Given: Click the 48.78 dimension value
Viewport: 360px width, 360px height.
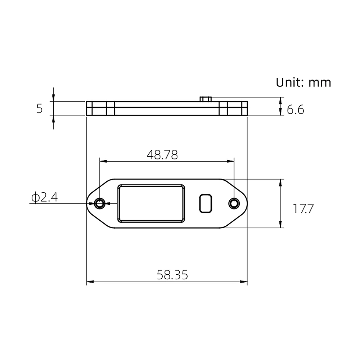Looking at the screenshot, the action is point(162,155).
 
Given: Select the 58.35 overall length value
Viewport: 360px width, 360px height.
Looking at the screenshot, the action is point(172,275).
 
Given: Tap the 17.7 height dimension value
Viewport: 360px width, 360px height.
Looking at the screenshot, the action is point(303,209).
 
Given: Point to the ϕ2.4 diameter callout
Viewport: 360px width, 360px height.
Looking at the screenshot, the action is point(45,197).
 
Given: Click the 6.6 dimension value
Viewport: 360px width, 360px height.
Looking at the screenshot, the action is point(296,110).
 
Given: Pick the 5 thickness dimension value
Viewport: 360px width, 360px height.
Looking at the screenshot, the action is point(40,109).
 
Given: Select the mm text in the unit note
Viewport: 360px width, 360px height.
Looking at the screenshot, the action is point(320,83).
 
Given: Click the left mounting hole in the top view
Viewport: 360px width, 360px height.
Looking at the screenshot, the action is point(100,203).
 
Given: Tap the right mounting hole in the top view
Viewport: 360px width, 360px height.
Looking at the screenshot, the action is point(234,203).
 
